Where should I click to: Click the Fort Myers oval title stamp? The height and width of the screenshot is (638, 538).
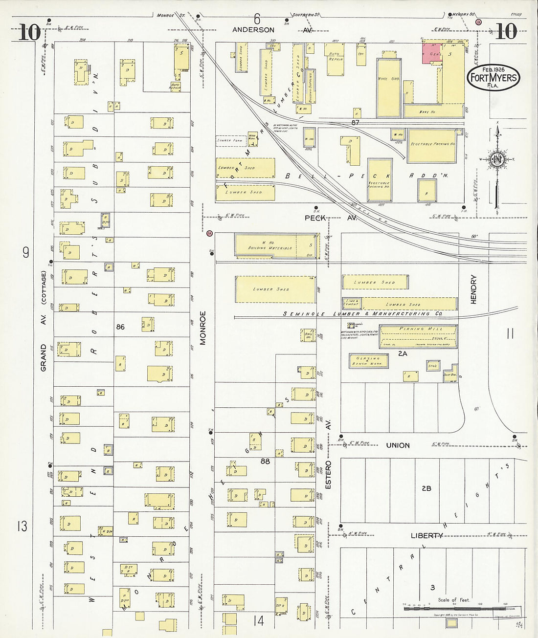[x=493, y=77]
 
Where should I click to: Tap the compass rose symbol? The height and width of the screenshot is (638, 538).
[x=497, y=160]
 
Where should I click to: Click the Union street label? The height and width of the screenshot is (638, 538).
[x=398, y=445]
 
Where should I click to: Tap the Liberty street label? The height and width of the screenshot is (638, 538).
[x=426, y=536]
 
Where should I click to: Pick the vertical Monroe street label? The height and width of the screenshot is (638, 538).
[x=202, y=328]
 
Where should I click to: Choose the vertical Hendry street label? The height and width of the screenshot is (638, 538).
[x=473, y=289]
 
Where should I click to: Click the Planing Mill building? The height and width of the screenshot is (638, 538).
[x=419, y=336]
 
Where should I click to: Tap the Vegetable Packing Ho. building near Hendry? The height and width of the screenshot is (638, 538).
[x=432, y=145]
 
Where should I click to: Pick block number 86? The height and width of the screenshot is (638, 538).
[x=120, y=327]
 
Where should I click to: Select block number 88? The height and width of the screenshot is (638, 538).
[x=265, y=461]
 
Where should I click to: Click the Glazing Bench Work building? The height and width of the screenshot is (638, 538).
[x=369, y=361]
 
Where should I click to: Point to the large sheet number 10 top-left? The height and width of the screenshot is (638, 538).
[x=30, y=33]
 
